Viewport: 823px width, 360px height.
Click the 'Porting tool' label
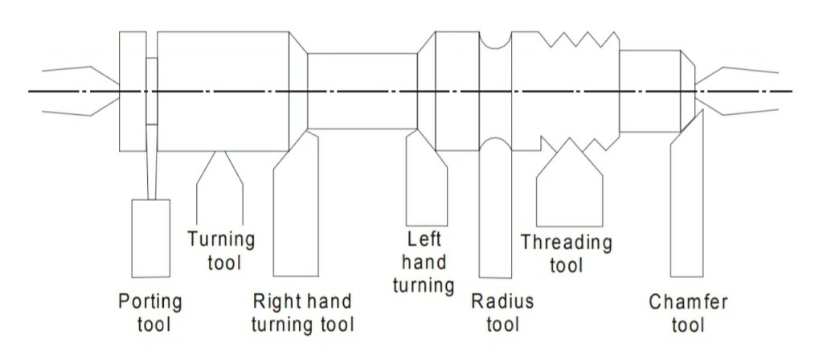[150, 313]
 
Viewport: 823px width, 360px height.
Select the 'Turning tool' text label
[221, 250]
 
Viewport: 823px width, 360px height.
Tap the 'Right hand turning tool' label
[302, 313]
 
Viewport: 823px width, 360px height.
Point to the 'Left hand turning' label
[424, 262]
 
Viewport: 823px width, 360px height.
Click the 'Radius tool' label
[502, 313]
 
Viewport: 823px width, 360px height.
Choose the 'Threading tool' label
[566, 252]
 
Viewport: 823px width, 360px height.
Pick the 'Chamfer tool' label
[688, 313]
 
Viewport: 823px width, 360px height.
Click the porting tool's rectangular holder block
[150, 236]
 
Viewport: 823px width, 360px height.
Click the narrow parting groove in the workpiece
[151, 91]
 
